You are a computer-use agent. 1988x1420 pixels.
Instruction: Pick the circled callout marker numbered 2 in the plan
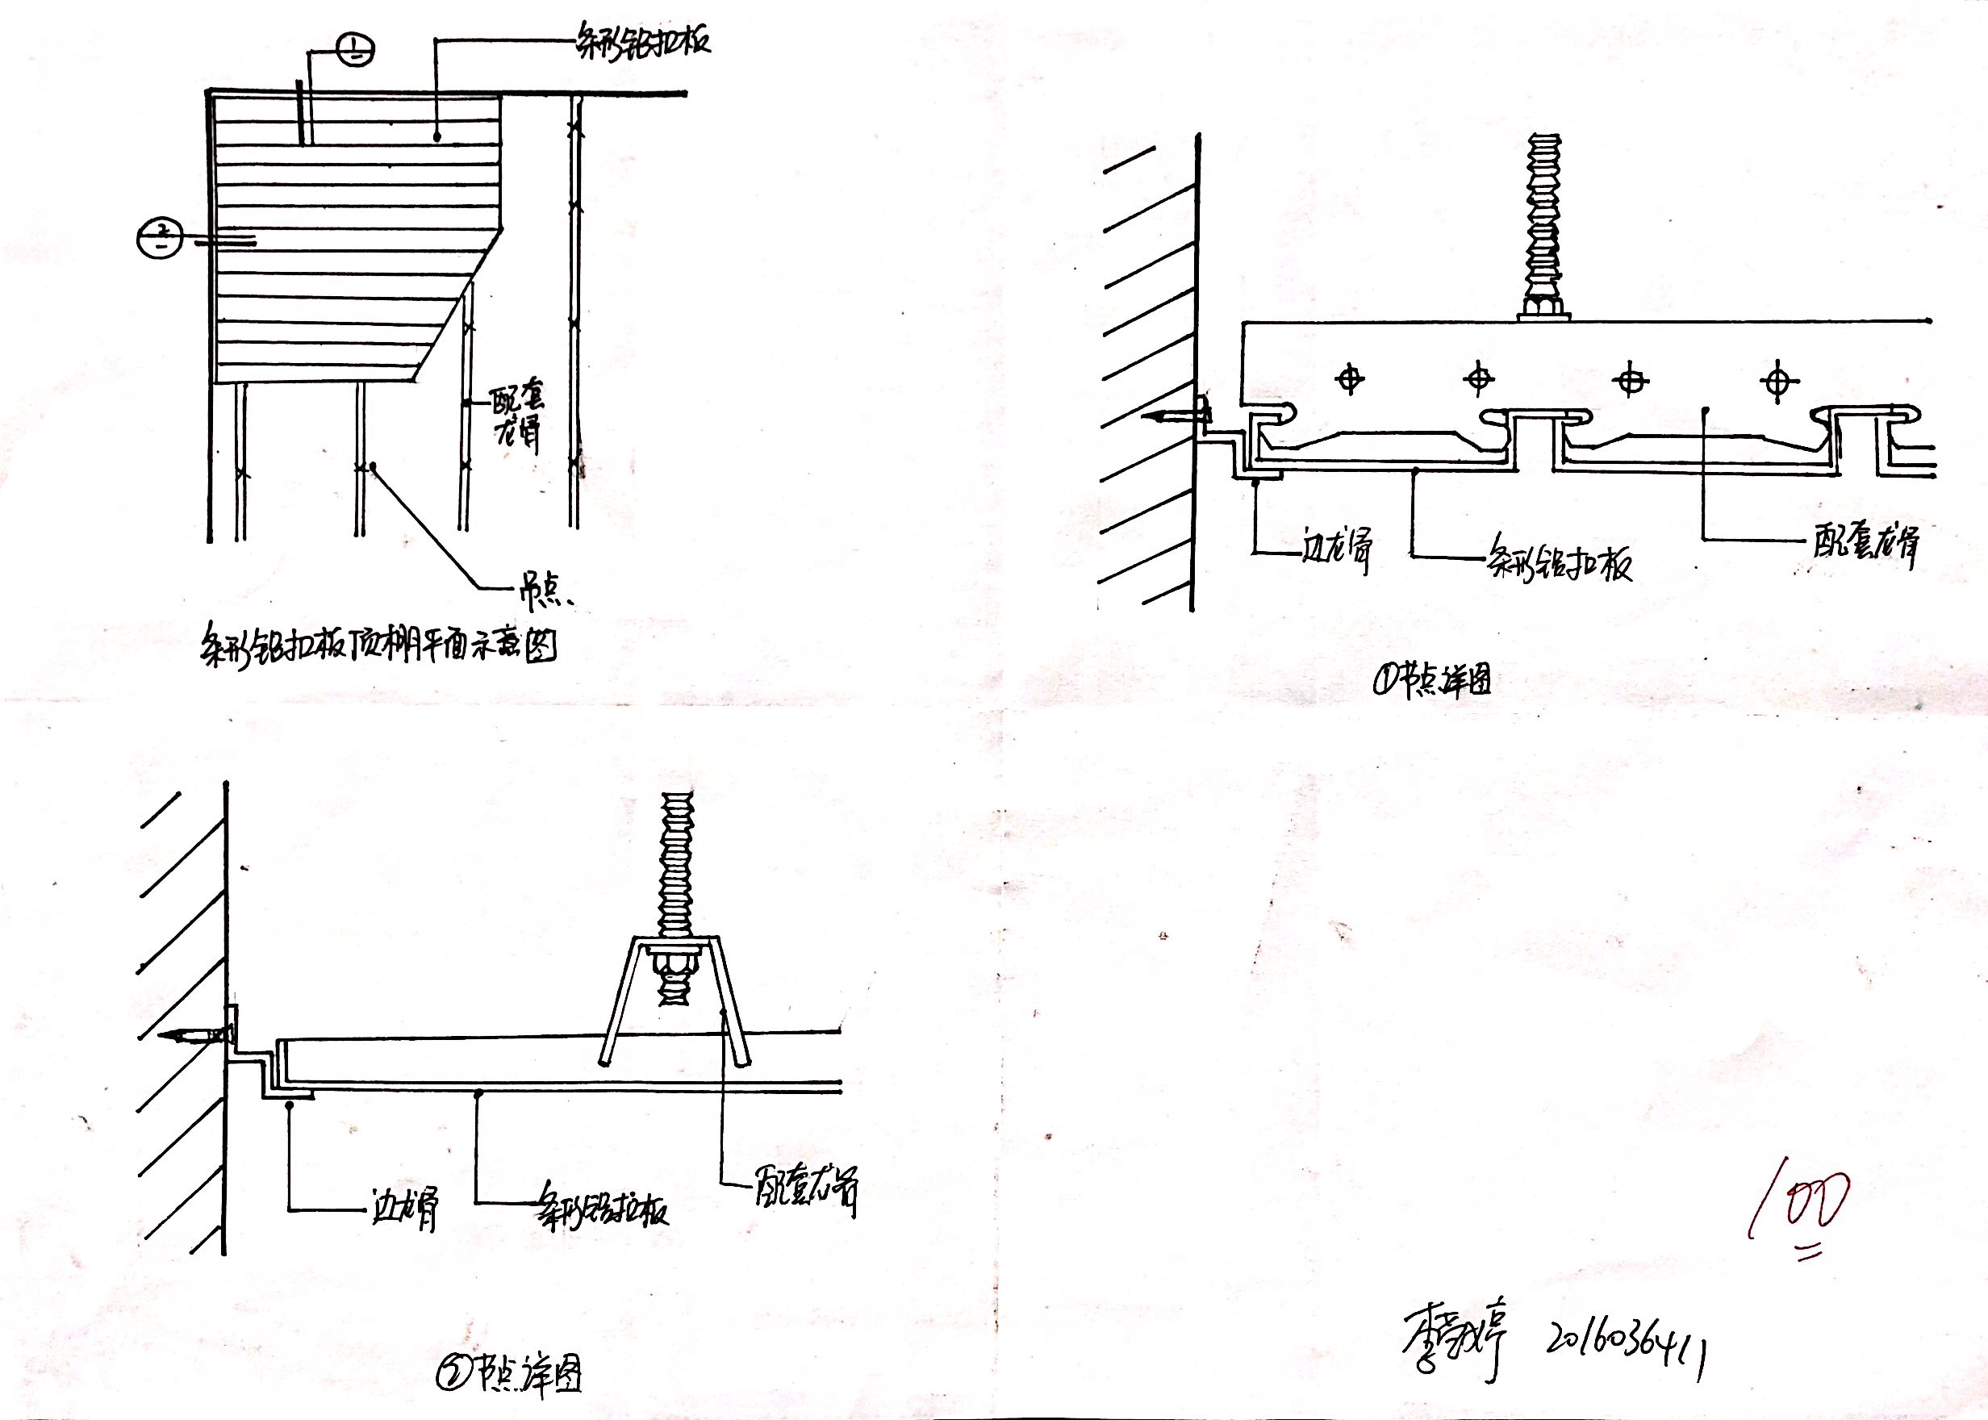click(160, 239)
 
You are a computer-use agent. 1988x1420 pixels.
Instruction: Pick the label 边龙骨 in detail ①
click(1335, 549)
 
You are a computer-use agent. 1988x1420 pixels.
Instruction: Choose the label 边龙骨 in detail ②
click(404, 1209)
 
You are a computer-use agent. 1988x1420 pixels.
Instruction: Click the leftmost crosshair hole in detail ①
click(1350, 378)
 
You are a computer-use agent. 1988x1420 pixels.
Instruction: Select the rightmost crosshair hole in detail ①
click(1777, 382)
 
